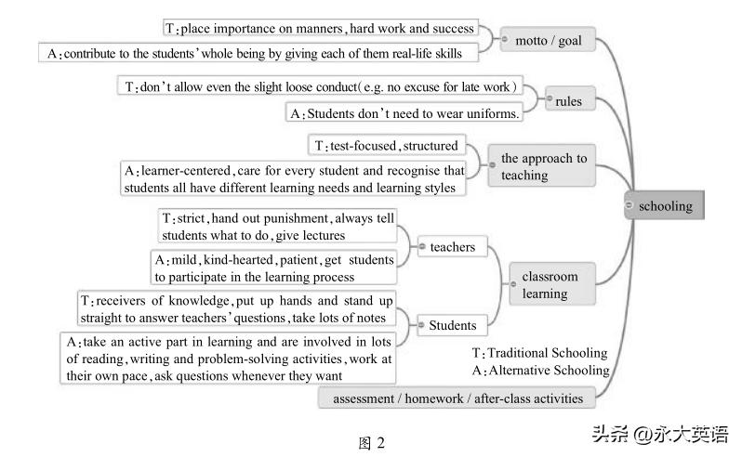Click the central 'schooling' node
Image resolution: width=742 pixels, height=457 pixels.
click(665, 206)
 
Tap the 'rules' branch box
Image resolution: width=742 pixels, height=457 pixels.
click(568, 100)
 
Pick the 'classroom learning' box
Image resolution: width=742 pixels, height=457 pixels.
click(550, 284)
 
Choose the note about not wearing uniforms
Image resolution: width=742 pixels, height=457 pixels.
click(404, 113)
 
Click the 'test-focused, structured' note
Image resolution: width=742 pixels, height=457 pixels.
click(386, 145)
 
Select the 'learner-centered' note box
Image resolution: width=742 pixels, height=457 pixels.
click(293, 179)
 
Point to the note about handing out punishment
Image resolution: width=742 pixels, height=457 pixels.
click(277, 228)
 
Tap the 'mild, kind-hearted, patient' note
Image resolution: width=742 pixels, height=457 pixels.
click(273, 268)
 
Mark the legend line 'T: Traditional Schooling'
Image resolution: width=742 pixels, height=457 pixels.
click(539, 353)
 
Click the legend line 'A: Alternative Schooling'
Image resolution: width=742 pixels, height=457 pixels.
click(540, 370)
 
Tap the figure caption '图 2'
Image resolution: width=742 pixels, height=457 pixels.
click(371, 442)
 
